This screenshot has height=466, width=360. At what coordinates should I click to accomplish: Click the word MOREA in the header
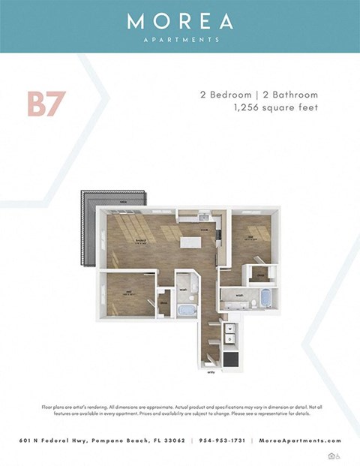coord(180,22)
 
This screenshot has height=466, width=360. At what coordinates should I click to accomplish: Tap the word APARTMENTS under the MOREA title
coord(180,39)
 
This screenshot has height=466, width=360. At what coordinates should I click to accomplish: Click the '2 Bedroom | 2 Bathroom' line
coord(259,95)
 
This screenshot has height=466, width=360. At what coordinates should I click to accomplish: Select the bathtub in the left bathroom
coord(185,308)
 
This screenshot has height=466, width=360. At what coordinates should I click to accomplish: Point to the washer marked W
coord(230,329)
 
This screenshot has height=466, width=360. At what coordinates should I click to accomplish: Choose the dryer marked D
coord(230,339)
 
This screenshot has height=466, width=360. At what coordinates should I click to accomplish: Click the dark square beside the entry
coord(231,359)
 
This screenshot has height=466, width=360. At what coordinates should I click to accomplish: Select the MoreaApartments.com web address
coord(299,440)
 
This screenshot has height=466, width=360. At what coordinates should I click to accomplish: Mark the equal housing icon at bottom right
coord(331,455)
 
